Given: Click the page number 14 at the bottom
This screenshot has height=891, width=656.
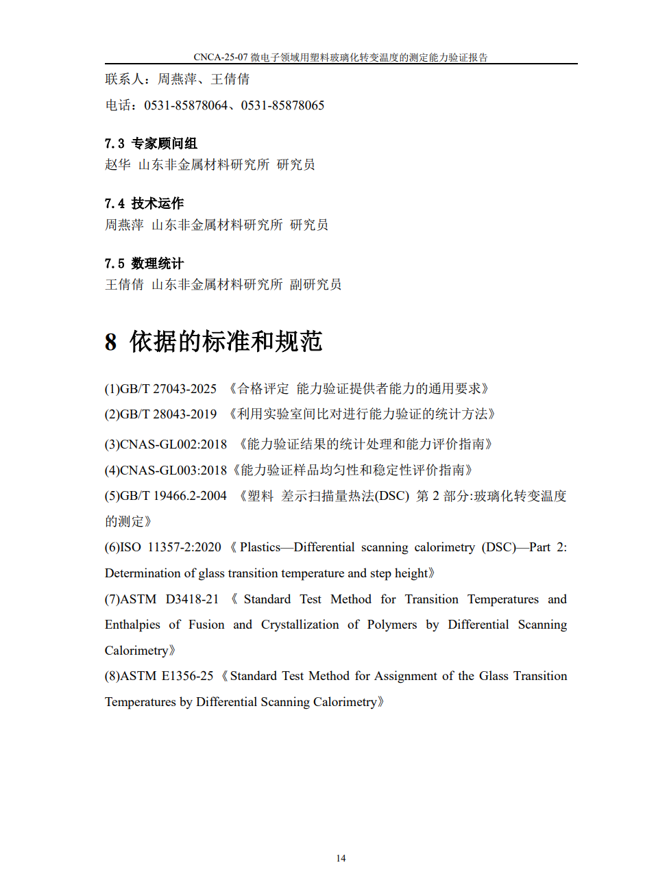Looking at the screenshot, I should point(341,858).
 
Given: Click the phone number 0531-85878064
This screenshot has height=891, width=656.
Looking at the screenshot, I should point(186,105).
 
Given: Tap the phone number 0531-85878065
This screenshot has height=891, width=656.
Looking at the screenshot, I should point(282,105).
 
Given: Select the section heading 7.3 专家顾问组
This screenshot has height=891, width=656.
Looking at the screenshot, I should point(151,143).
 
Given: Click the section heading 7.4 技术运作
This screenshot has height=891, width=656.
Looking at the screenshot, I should point(144,203).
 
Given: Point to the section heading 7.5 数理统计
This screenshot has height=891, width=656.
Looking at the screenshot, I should point(144,264).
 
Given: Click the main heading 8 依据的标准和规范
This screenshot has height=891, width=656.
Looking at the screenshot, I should point(213,341).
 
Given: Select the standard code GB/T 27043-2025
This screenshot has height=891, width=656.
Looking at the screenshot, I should point(169,389).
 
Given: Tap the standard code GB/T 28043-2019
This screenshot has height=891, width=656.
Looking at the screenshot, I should point(169,414).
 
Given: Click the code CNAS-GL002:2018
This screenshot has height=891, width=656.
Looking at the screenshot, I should point(173,444).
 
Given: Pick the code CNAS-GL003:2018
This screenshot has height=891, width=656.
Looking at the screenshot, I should point(173,470).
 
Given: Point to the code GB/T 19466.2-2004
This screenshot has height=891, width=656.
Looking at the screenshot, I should point(173,496).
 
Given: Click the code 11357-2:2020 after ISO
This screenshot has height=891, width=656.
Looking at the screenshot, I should point(184,547).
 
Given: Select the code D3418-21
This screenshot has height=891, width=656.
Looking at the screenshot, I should point(192,599).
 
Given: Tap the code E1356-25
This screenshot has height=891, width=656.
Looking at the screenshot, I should point(187,676).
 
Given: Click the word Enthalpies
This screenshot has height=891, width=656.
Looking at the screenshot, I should point(132,625).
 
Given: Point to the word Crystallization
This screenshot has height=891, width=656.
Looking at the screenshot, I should point(300,625).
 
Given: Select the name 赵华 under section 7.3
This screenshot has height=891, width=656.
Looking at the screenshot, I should point(117,164).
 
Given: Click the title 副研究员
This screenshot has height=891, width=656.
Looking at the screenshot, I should point(315,284).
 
